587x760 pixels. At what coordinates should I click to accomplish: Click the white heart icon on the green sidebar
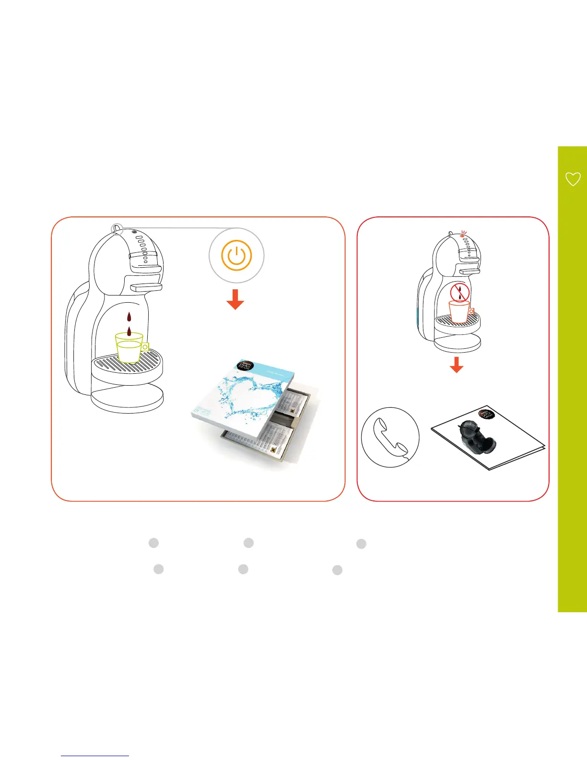tap(573, 179)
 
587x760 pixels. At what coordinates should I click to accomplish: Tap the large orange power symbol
tap(236, 255)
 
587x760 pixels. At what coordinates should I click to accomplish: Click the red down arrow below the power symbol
tap(235, 299)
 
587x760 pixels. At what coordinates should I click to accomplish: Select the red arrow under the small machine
tap(457, 365)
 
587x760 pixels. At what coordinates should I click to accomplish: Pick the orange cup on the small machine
tap(458, 311)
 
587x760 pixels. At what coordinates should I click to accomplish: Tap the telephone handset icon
tap(390, 437)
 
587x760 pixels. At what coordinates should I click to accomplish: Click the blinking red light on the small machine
tap(462, 235)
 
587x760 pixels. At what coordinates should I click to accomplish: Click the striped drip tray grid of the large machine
tap(127, 363)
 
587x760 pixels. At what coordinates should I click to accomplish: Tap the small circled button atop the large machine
tap(117, 229)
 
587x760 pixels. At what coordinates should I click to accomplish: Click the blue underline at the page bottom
tap(95, 756)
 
